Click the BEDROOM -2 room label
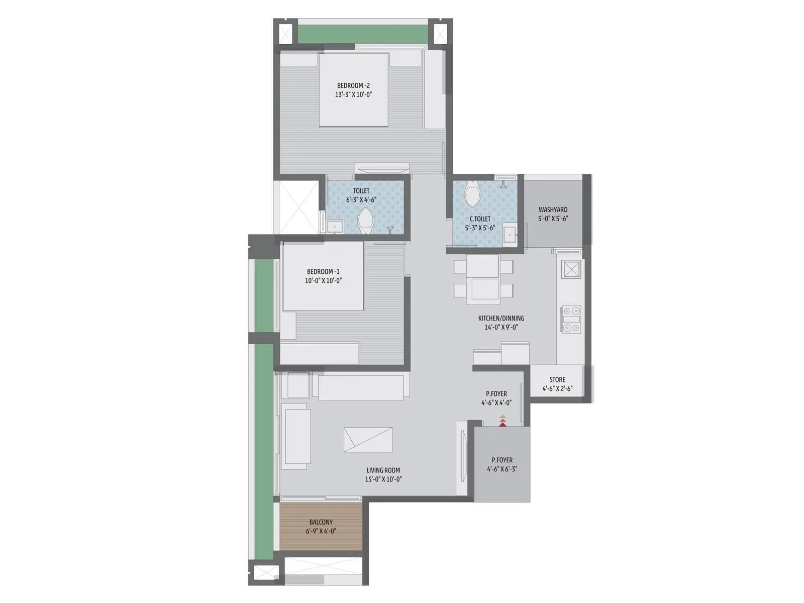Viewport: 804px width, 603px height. tap(353, 85)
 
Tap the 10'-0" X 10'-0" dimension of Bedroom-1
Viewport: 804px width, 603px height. tap(323, 281)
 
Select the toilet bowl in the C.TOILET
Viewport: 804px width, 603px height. tap(472, 193)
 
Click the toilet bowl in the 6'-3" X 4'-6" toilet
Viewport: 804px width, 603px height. tap(365, 222)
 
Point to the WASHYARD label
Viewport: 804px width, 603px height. tap(553, 210)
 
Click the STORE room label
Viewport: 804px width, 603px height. tap(557, 380)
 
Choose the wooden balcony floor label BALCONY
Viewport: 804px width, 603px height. tap(321, 522)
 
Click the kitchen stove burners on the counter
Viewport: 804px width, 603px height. tap(571, 319)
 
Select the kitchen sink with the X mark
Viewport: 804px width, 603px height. tap(572, 269)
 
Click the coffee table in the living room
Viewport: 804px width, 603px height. tap(368, 440)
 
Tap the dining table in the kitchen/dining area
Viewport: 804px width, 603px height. tap(482, 279)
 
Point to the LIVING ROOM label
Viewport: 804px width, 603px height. tap(383, 470)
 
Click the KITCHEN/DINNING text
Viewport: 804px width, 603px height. tap(500, 318)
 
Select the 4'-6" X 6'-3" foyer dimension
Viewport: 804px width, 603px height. tap(502, 469)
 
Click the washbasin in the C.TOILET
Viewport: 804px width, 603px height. tap(510, 235)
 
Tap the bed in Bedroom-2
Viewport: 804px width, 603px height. tap(354, 89)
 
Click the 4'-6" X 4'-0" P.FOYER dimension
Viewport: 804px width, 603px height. tap(496, 403)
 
